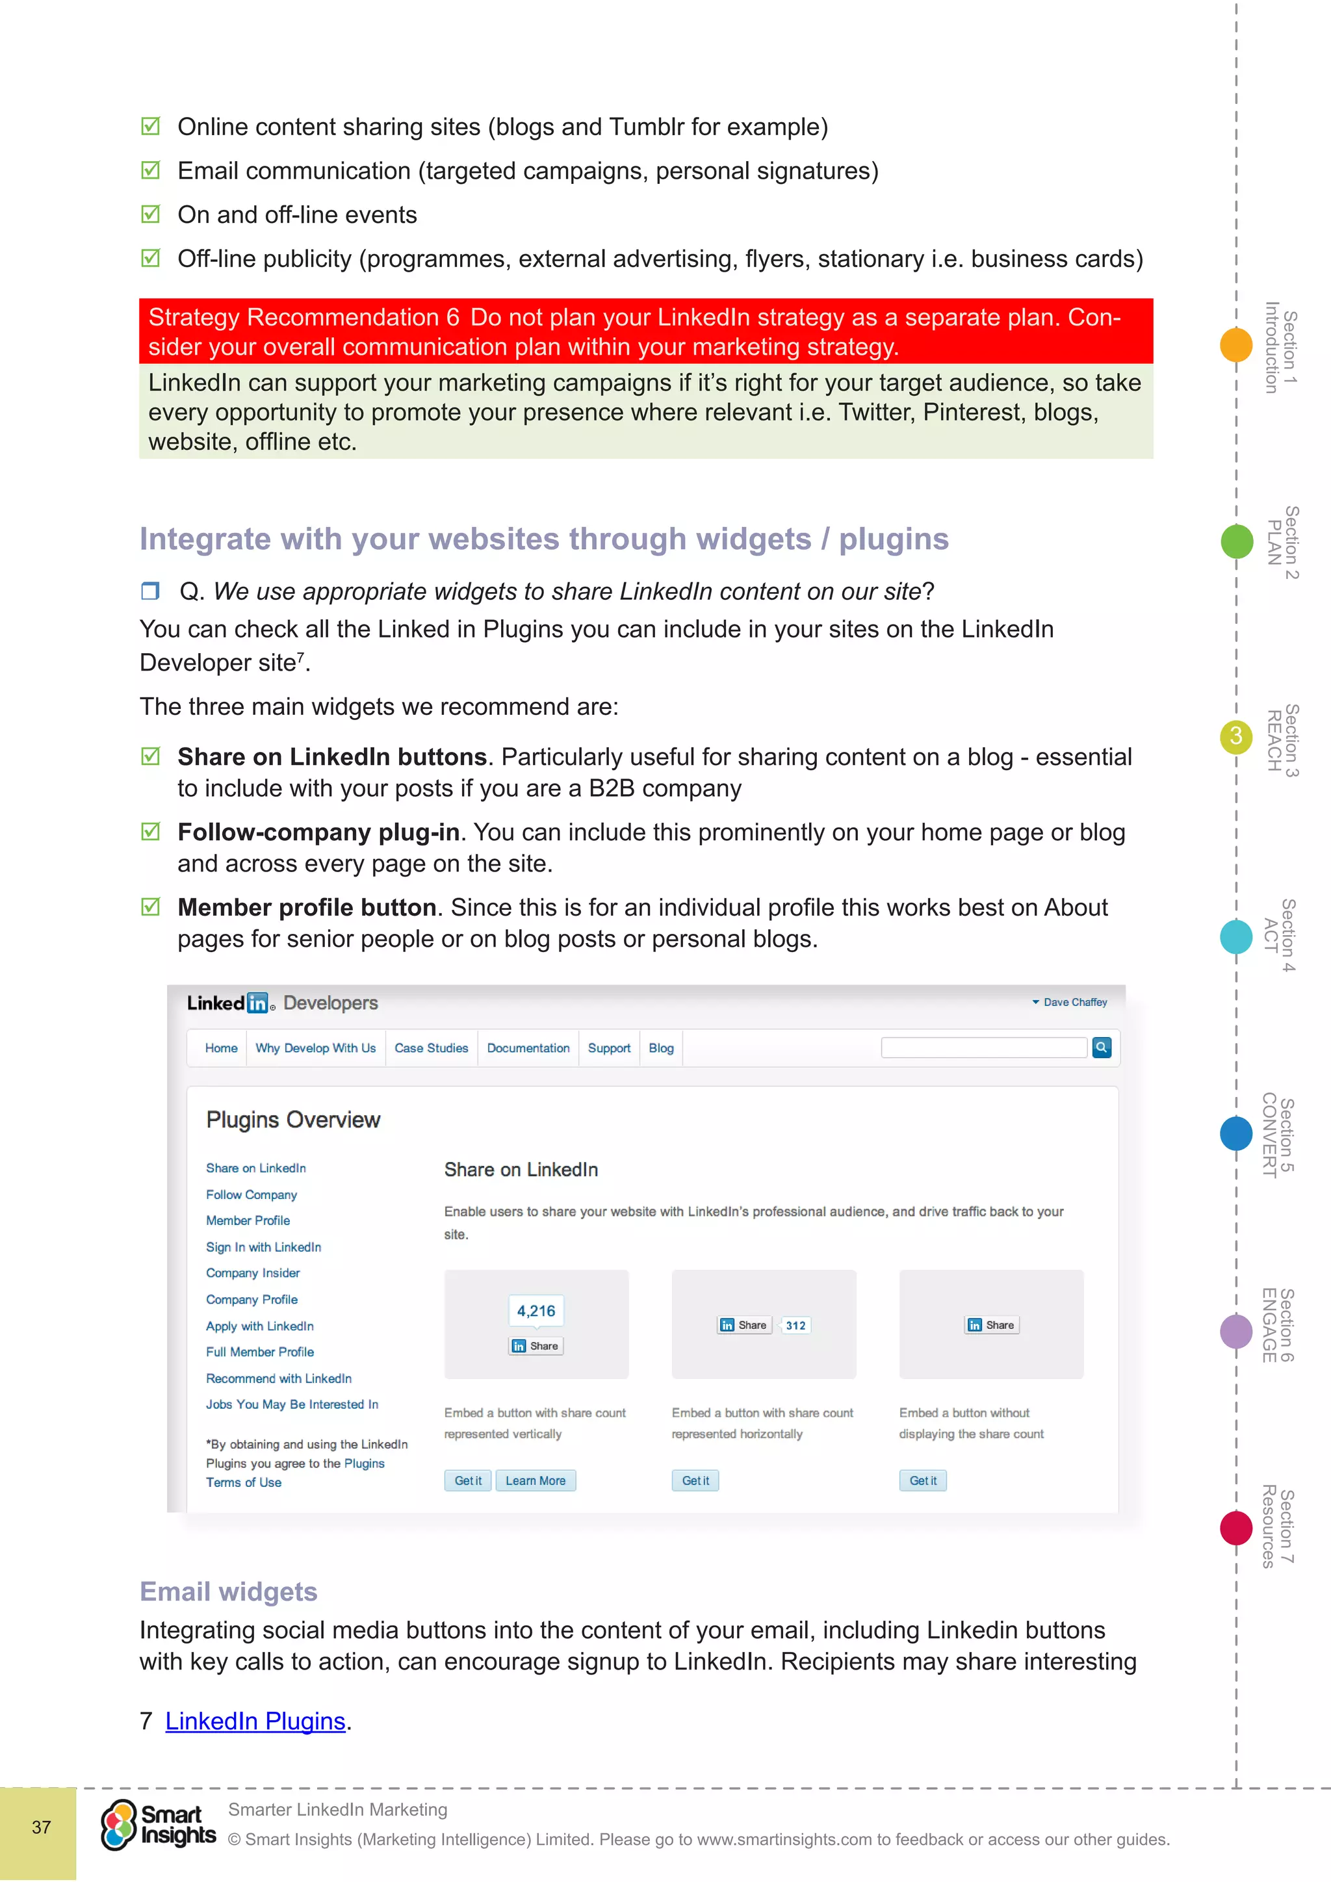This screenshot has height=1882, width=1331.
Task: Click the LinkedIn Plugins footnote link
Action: tap(255, 1721)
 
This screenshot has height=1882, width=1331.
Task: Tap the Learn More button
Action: tap(535, 1480)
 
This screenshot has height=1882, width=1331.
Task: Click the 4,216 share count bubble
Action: tap(536, 1311)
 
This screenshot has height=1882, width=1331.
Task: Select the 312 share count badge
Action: tap(795, 1326)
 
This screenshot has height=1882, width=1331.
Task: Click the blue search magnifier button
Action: tap(1102, 1048)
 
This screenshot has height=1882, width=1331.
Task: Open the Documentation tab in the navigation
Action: tap(528, 1048)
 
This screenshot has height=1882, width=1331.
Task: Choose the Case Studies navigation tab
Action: tap(431, 1048)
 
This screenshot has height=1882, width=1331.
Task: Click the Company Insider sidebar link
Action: tap(252, 1273)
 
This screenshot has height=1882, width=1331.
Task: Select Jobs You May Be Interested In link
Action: tap(292, 1404)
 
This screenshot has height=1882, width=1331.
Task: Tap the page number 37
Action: tap(41, 1827)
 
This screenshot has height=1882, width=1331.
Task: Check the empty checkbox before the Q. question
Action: tap(150, 591)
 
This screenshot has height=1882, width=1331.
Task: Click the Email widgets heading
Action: tap(228, 1592)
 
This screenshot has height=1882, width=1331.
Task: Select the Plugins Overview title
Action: tap(292, 1120)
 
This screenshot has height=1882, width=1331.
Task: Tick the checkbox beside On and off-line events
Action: tap(151, 214)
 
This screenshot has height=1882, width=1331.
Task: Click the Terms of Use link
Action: tap(244, 1483)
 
